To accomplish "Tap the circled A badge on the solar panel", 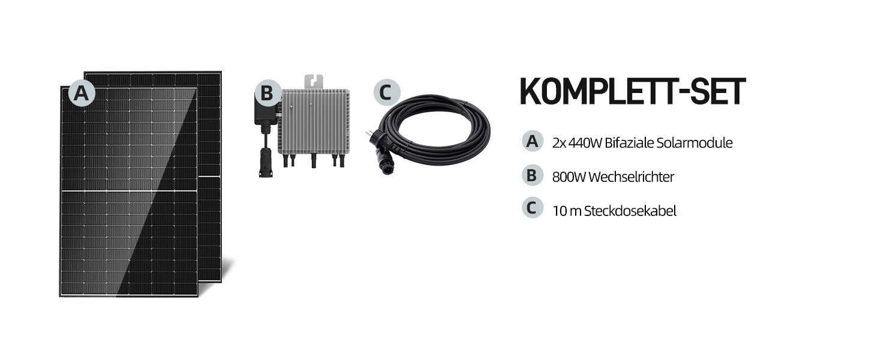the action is coord(82,94).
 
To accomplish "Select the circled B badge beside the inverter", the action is coord(267,94).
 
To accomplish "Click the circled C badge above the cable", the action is coord(386,92).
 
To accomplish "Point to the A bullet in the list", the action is coord(531,142).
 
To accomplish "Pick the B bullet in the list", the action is coord(531,176).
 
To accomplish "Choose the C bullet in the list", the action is coord(531,209).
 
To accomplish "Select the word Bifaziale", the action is coord(631,143).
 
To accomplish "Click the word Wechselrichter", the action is coord(632,177).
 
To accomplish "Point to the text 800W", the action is coord(569,177).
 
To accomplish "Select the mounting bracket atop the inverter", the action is coord(314,81).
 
